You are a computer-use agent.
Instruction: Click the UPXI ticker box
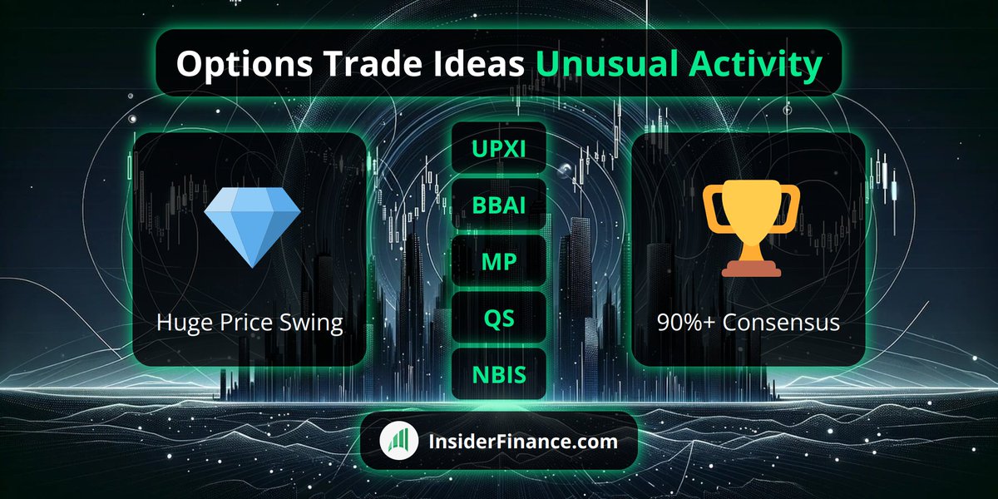click(498, 148)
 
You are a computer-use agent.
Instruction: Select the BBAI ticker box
click(498, 205)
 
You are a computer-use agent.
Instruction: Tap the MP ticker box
click(498, 261)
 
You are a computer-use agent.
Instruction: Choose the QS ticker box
click(498, 318)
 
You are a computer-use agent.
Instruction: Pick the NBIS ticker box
click(498, 374)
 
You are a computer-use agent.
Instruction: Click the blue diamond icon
click(252, 227)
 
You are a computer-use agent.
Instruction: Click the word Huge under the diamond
click(181, 324)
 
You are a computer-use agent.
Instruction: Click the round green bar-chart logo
click(399, 441)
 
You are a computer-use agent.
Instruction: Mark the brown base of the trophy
click(752, 268)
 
